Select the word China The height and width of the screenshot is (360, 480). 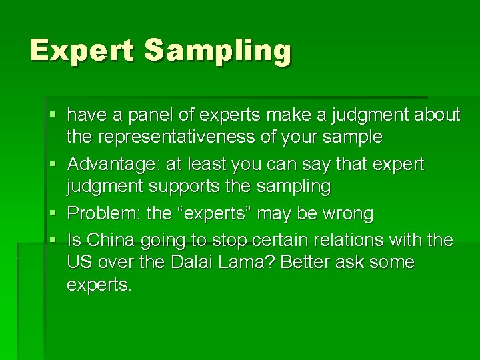(x=110, y=239)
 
